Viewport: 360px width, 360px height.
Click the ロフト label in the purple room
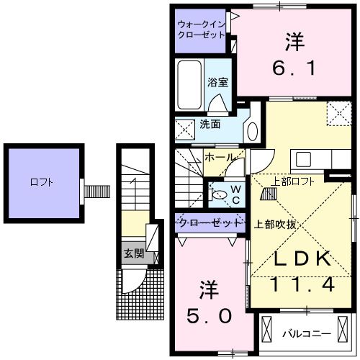(x=40, y=183)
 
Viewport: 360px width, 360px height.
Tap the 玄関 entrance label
(x=132, y=253)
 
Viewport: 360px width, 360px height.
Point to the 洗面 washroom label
(x=210, y=124)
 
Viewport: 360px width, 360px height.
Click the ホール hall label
(x=219, y=156)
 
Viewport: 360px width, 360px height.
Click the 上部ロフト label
(x=292, y=181)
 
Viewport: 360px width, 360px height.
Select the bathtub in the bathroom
(x=191, y=85)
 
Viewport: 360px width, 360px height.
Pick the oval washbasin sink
(x=252, y=131)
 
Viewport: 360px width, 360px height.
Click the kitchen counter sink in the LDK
(x=302, y=158)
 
